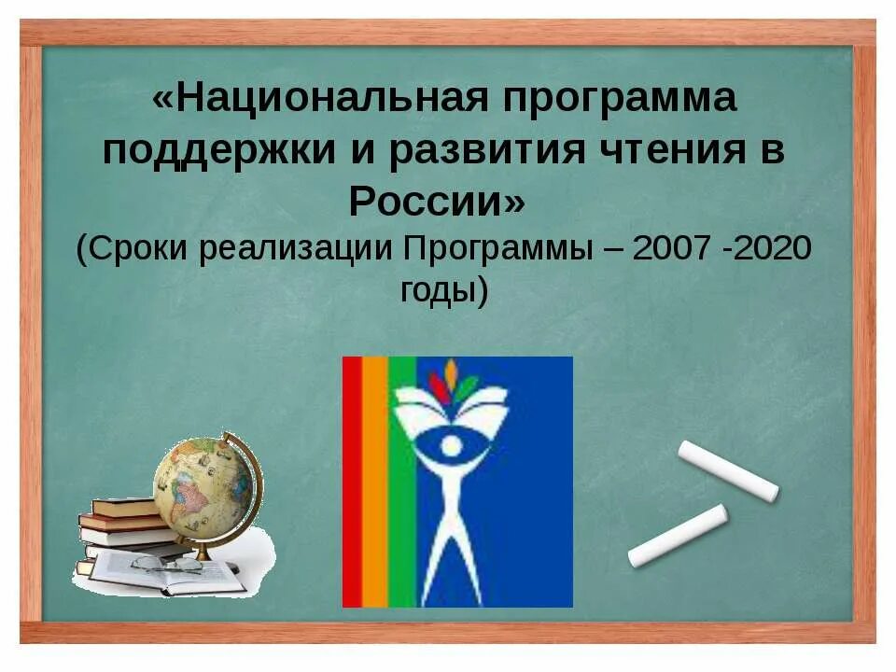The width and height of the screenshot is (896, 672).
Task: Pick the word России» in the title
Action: pyautogui.click(x=437, y=201)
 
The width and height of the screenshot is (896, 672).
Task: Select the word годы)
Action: pyautogui.click(x=443, y=292)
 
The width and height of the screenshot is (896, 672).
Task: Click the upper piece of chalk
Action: pyautogui.click(x=728, y=471)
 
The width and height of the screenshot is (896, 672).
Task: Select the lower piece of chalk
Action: pyautogui.click(x=678, y=537)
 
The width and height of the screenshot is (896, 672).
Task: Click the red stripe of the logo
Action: pyautogui.click(x=352, y=481)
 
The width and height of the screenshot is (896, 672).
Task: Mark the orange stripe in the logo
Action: pyautogui.click(x=374, y=481)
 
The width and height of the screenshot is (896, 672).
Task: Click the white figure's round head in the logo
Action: pyautogui.click(x=452, y=445)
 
